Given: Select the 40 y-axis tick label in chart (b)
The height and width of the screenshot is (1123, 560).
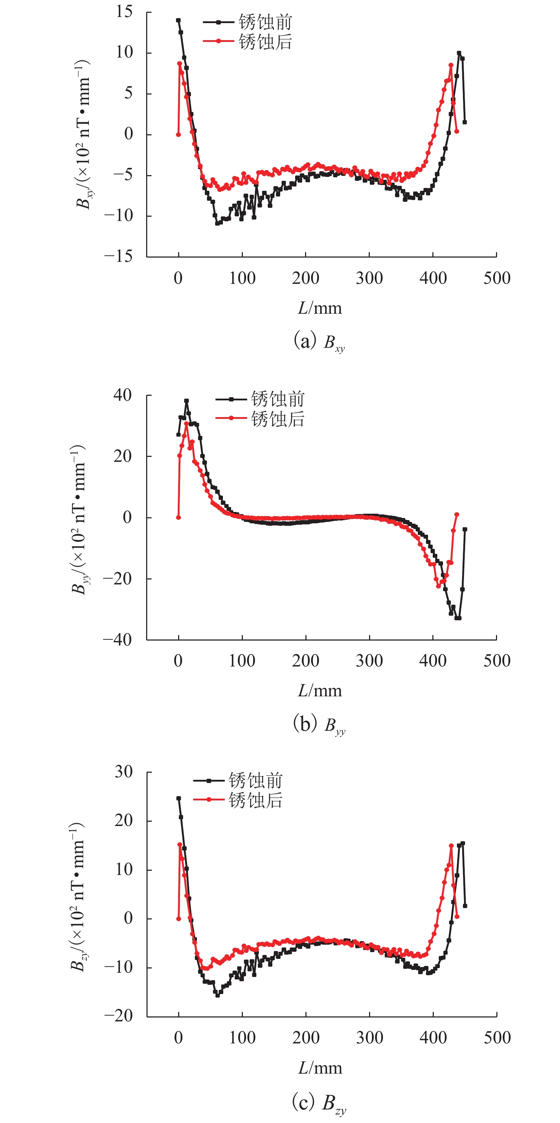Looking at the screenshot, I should [123, 395].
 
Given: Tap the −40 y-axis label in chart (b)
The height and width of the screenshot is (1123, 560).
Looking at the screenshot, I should [117, 640].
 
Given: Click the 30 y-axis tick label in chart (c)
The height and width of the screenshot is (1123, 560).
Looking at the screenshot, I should [124, 772].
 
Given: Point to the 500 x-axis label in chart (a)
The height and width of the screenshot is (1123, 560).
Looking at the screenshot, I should [497, 278].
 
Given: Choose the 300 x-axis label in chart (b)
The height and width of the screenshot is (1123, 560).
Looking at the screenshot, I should [369, 661].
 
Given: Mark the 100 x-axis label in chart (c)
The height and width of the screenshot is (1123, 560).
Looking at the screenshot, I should [242, 1037].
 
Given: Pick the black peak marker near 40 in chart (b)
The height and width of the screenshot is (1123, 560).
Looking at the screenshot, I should [187, 401].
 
